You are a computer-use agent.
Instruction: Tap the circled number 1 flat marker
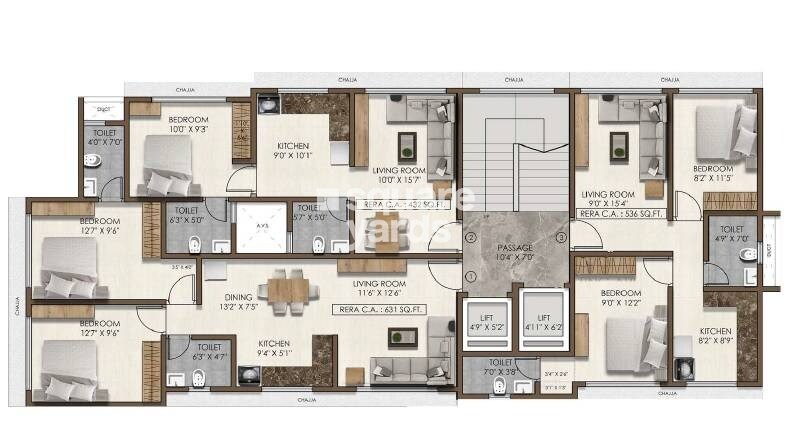[471, 276]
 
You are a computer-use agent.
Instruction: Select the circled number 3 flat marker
[562, 237]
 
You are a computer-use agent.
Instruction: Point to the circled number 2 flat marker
[471, 237]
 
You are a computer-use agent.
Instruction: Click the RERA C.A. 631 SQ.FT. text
[381, 309]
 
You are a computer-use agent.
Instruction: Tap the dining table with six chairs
[287, 289]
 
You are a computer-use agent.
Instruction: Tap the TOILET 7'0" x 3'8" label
[501, 367]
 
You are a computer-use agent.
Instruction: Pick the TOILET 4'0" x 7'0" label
[105, 137]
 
